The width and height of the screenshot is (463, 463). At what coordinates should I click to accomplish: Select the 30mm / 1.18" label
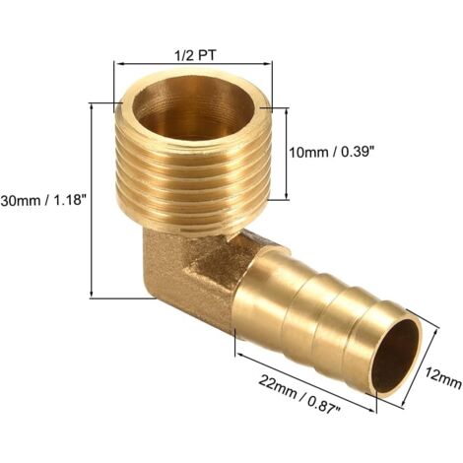(45, 198)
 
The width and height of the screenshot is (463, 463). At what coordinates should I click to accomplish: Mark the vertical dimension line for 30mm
(93, 199)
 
